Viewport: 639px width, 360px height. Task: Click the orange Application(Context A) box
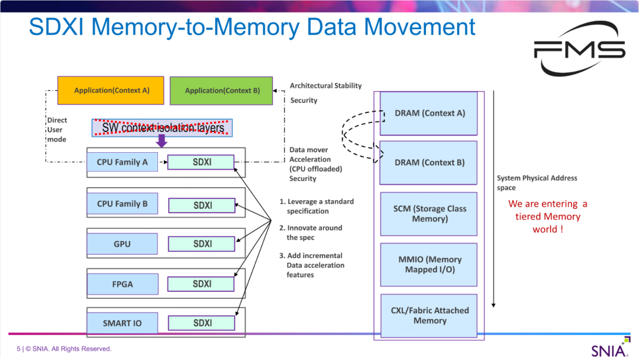[x=112, y=91]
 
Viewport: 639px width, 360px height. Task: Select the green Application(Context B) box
[x=221, y=91]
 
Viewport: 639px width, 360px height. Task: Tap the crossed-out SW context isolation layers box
[x=162, y=128]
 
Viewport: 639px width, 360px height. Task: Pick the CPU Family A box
[x=122, y=162]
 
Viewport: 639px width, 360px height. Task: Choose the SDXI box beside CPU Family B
[x=202, y=205]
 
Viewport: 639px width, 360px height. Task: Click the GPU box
[x=122, y=244]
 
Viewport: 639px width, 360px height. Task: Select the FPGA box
[x=122, y=284]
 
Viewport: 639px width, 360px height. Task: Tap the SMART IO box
[x=122, y=323]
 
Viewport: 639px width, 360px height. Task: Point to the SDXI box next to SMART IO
[x=202, y=323]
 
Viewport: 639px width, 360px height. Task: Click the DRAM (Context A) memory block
[x=429, y=113]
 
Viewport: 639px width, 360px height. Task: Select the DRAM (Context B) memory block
[x=429, y=162]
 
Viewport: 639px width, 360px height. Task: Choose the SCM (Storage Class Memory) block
[x=429, y=214]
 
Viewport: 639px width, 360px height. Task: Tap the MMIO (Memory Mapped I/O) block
[x=429, y=264]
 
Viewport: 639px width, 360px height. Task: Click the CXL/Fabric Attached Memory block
[x=429, y=316]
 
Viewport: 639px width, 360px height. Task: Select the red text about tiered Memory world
[x=548, y=216]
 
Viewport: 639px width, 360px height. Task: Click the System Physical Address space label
[x=537, y=182]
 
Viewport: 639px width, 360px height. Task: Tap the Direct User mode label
[x=57, y=130]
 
